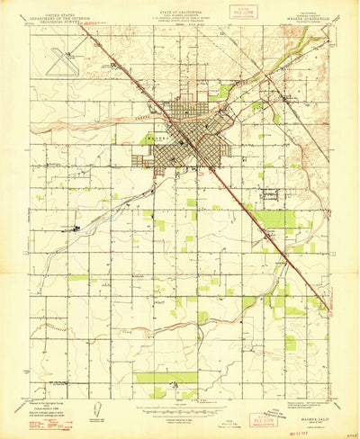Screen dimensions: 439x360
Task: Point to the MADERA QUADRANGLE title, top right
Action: pyautogui.click(x=309, y=12)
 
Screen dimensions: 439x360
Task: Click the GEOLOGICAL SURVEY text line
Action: pyautogui.click(x=55, y=18)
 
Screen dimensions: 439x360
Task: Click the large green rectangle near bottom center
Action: pyautogui.click(x=166, y=378)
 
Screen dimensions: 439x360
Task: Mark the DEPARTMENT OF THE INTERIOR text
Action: pyautogui.click(x=55, y=14)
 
